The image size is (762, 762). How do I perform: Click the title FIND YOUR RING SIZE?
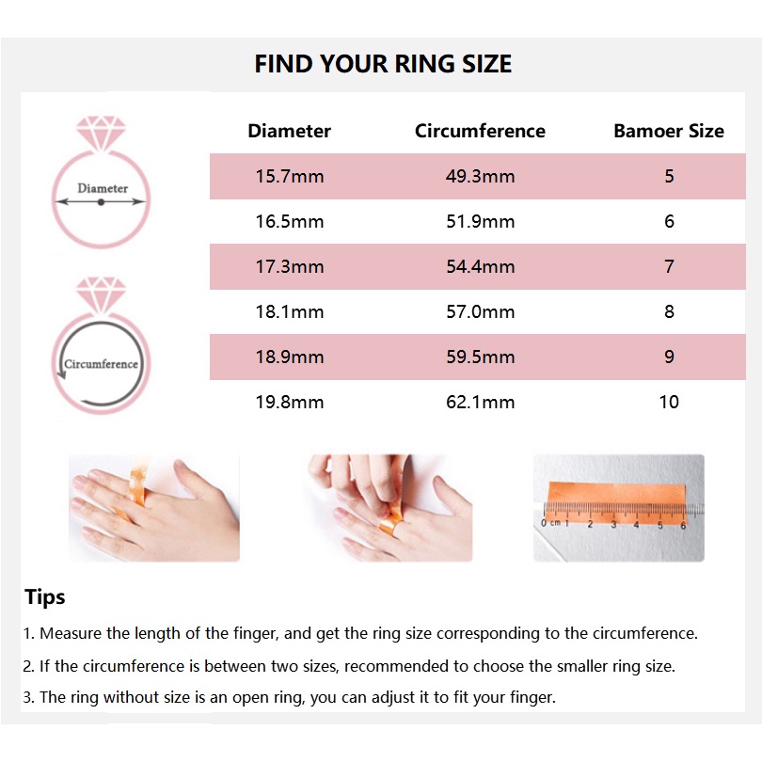[383, 64]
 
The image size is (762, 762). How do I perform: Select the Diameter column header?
[289, 131]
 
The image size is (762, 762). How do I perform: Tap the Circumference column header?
[480, 131]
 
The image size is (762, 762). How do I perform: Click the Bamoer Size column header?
[669, 131]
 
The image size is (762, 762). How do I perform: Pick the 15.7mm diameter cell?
[290, 176]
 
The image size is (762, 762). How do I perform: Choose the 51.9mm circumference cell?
[481, 222]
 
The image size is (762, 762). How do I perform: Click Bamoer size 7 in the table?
[669, 266]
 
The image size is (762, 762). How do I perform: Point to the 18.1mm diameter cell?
[290, 311]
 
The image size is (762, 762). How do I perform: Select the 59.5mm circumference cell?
[481, 357]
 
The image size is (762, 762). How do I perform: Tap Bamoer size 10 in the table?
[669, 402]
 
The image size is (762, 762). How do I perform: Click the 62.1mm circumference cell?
[481, 402]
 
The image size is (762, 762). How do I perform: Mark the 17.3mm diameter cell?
[290, 266]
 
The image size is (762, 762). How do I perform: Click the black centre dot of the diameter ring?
[101, 202]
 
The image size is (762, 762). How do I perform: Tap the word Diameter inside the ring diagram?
[103, 188]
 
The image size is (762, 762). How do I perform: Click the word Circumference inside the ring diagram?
[101, 364]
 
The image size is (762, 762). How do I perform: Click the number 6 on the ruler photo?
[683, 525]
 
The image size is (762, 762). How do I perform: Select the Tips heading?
[45, 597]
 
